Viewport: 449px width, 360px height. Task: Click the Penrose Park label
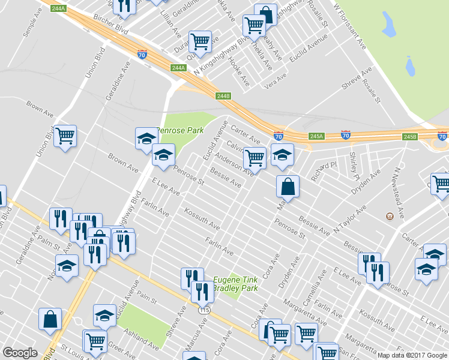coord(180,130)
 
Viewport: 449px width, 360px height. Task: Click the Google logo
coord(20,353)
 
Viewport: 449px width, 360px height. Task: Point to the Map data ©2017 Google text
coord(412,355)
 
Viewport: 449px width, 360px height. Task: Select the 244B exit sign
coord(223,95)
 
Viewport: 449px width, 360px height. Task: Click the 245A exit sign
coord(317,136)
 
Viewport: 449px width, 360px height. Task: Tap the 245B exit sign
coord(409,137)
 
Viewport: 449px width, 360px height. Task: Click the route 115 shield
coord(205,310)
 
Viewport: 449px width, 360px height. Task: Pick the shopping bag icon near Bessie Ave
coord(288,186)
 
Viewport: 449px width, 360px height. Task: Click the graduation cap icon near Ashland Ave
coord(104,316)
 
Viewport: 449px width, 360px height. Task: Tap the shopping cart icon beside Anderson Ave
coord(255,158)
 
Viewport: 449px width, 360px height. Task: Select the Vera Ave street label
coord(275,84)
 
